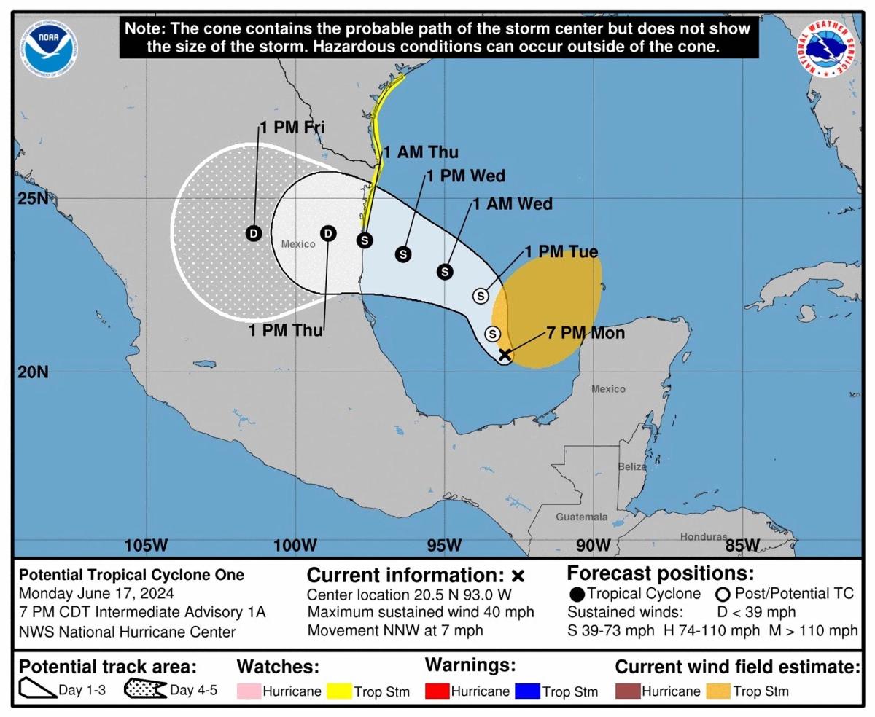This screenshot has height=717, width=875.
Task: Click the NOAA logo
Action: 50,48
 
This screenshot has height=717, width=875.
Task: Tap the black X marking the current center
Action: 504,355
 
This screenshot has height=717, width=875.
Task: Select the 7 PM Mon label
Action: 586,333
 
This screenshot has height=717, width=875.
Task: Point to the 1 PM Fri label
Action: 292,128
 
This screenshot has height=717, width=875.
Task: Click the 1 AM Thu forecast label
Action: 421,152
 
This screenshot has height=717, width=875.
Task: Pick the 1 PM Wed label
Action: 466,176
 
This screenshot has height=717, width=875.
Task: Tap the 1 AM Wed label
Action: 513,204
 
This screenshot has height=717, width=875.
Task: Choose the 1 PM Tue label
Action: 561,252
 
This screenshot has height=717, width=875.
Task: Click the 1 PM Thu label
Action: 285,330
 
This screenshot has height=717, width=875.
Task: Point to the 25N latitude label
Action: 32,198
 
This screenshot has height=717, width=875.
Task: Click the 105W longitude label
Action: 146,545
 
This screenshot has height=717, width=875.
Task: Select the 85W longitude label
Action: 742,545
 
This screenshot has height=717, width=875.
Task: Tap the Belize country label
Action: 632,466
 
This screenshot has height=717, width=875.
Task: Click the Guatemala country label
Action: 581,517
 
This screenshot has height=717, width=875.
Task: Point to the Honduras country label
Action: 704,537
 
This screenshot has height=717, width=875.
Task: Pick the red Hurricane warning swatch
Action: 436,691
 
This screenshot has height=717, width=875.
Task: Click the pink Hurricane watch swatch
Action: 248,691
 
